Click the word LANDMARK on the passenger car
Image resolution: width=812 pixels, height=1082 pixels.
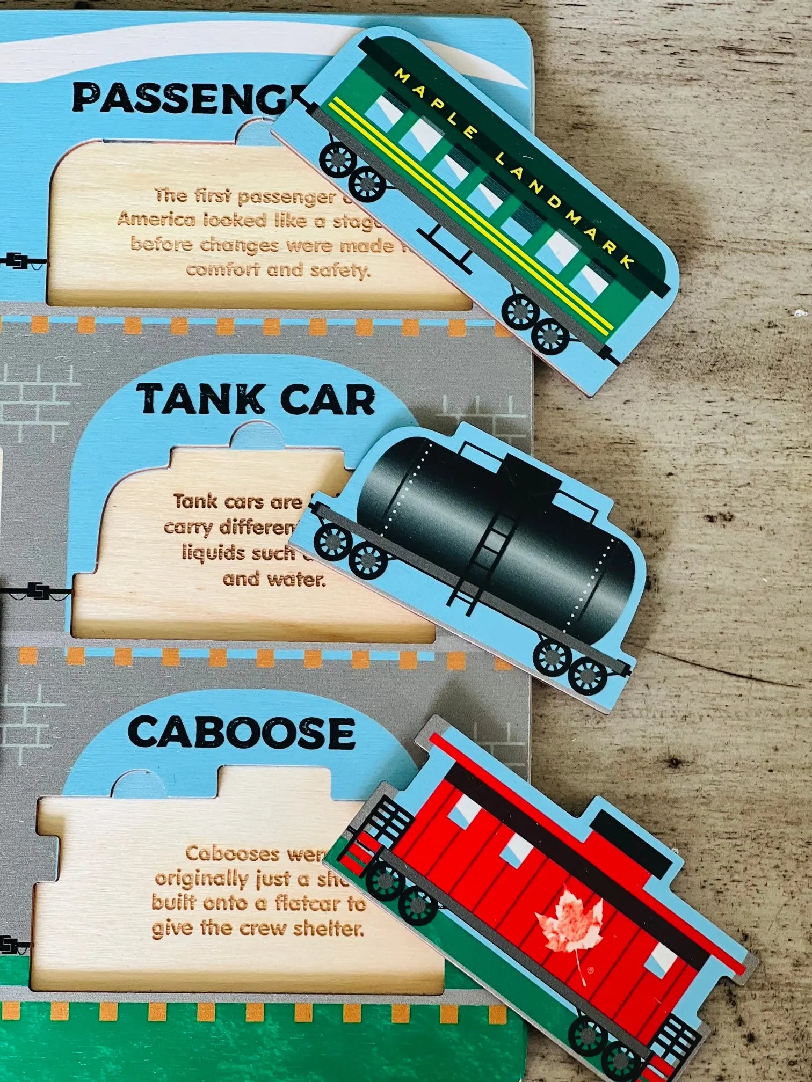(x=564, y=209)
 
